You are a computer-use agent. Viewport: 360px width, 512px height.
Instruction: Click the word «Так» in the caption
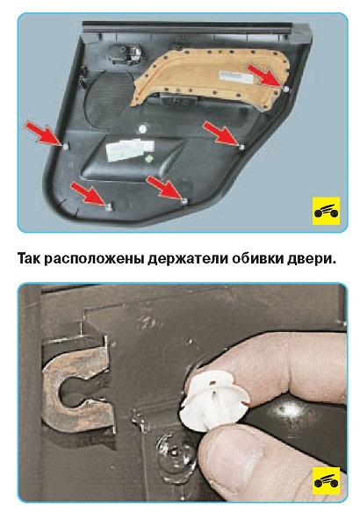click(29, 258)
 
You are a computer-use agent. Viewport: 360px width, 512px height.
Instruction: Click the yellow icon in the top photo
click(326, 211)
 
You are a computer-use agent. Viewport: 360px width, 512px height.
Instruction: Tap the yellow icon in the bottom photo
click(326, 480)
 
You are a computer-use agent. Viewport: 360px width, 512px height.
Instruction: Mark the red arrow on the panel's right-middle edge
click(221, 132)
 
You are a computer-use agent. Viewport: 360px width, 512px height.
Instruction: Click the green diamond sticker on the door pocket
click(149, 159)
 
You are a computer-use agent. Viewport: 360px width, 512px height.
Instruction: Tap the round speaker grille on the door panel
click(108, 98)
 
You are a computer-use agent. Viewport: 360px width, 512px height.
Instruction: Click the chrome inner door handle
click(133, 54)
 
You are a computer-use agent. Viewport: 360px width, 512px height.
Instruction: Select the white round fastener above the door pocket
click(142, 129)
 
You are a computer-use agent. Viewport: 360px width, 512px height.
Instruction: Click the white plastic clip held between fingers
click(213, 400)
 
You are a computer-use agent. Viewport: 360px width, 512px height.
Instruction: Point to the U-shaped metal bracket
click(76, 386)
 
